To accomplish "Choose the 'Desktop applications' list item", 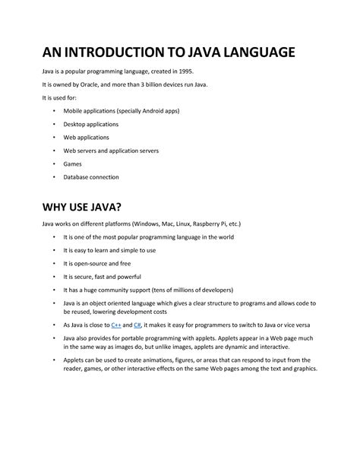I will pyautogui.click(x=90, y=123).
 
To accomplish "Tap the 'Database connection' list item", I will pyautogui.click(x=90, y=177).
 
